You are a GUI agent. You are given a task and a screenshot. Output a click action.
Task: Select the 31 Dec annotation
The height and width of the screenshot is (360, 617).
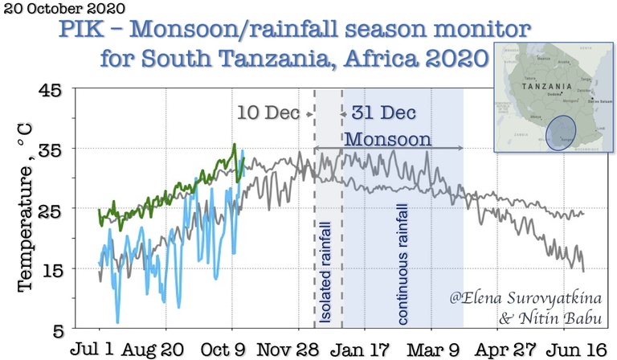(377, 113)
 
